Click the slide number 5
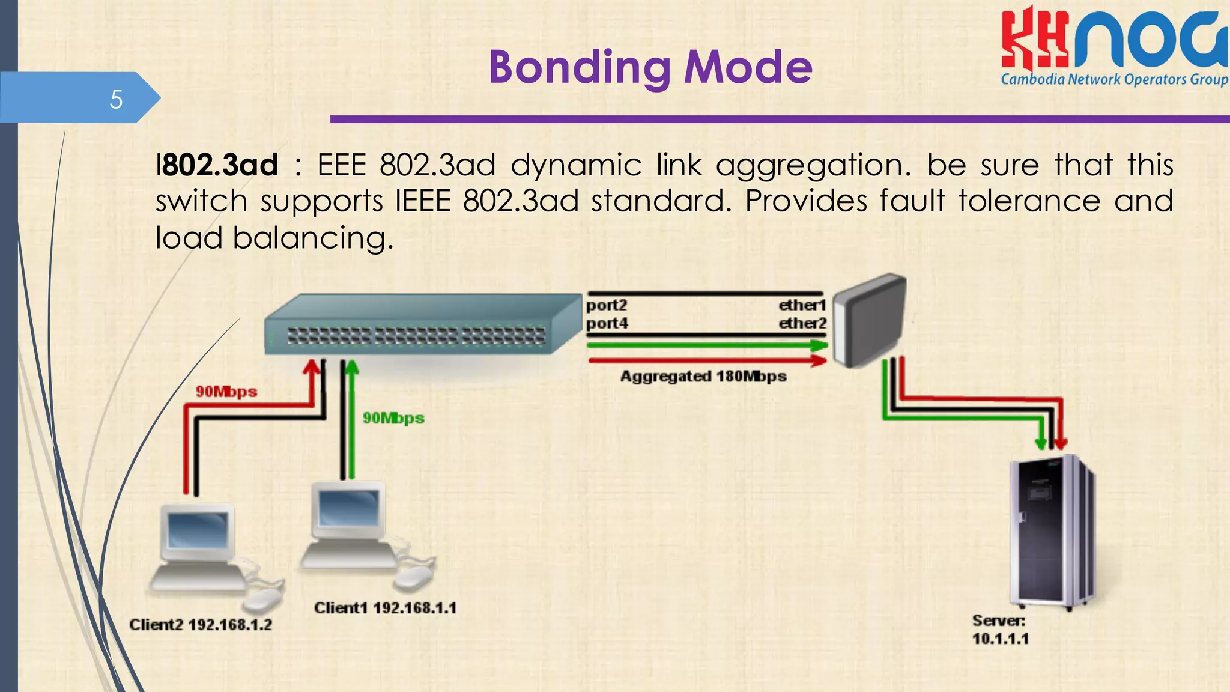click(x=116, y=99)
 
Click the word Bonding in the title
click(x=580, y=67)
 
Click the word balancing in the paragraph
click(x=312, y=238)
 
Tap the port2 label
click(x=607, y=305)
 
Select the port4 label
click(x=607, y=323)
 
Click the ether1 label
click(x=802, y=305)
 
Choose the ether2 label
click(x=802, y=323)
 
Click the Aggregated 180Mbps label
click(x=703, y=377)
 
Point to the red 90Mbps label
click(x=226, y=392)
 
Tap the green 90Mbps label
click(x=393, y=418)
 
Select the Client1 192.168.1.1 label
click(x=385, y=608)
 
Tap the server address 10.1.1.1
click(x=1000, y=639)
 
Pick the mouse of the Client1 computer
click(x=413, y=578)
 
